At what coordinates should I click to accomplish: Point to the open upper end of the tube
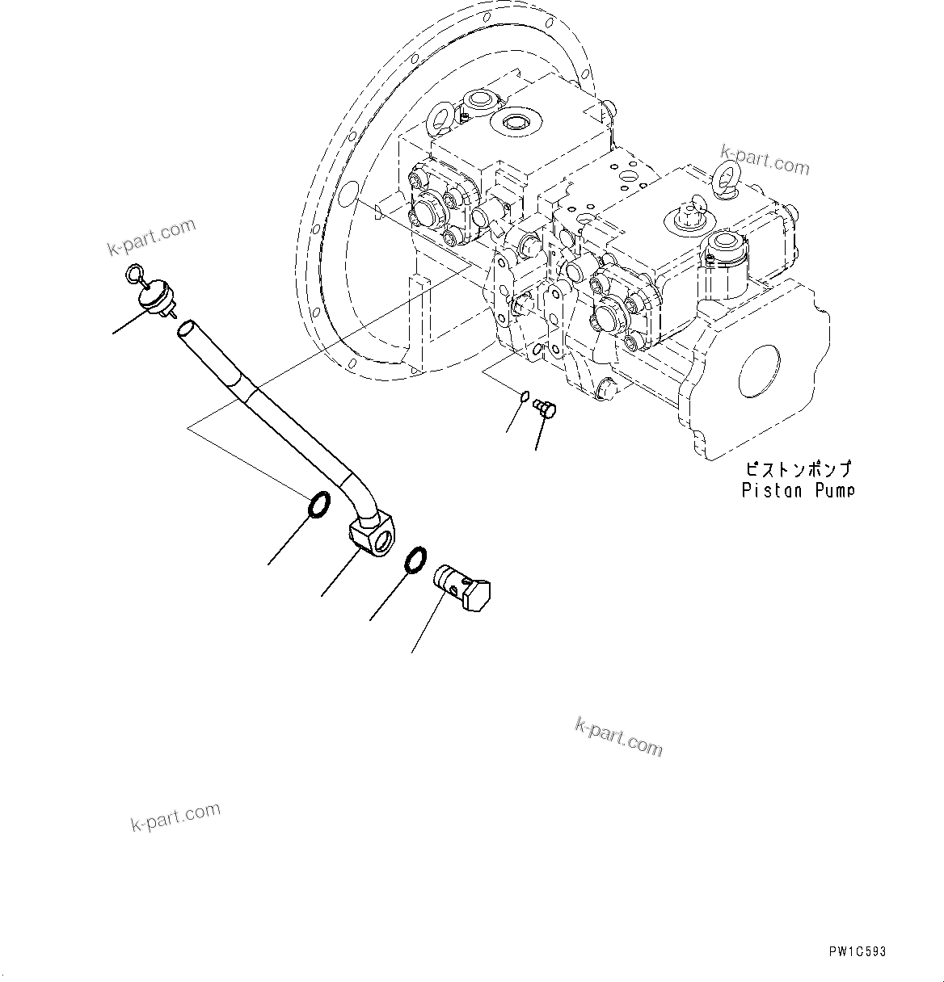click(186, 328)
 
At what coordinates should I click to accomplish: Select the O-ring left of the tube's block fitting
click(318, 505)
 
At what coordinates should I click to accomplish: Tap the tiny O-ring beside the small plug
click(524, 397)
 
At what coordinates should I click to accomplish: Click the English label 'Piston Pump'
click(798, 490)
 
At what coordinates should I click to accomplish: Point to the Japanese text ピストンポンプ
click(798, 469)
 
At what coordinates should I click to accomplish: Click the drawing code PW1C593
click(856, 951)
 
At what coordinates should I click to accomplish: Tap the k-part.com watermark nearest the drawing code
click(618, 737)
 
